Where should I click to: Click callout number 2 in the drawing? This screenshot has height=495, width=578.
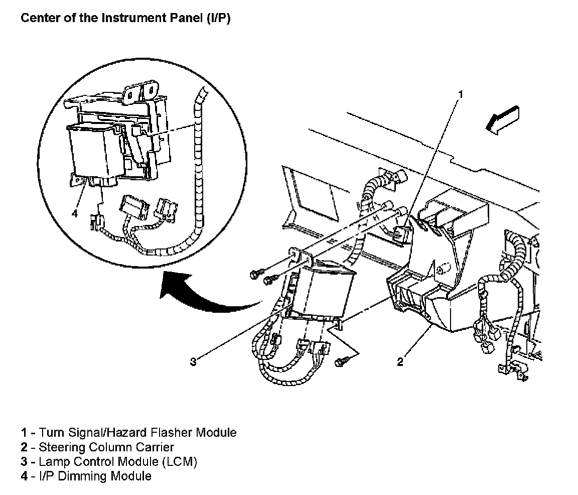(400, 361)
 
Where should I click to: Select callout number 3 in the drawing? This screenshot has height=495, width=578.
(193, 361)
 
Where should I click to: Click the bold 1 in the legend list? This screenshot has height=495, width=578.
(24, 432)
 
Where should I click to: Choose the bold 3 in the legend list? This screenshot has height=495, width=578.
(24, 461)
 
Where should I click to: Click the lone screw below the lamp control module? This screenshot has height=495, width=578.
(343, 360)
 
